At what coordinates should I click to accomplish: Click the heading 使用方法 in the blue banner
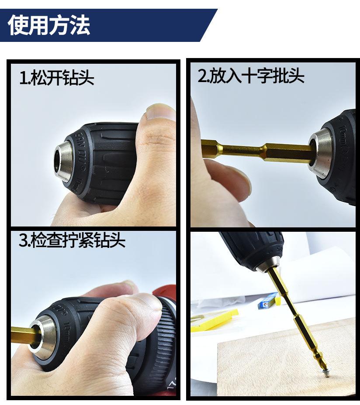[x=49, y=25]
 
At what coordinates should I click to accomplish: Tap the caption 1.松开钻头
[x=57, y=77]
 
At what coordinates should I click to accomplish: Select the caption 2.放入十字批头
[x=251, y=76]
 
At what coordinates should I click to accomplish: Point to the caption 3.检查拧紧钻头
[x=72, y=240]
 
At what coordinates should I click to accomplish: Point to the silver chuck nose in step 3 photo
[x=43, y=337]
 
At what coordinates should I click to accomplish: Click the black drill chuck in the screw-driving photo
[x=253, y=248]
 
